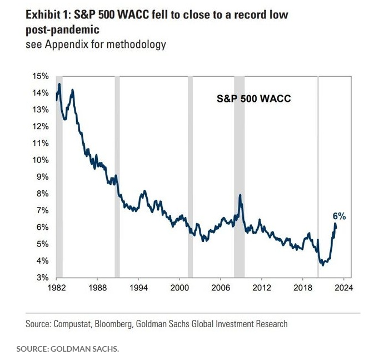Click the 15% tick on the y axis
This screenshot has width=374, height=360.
[x=38, y=76]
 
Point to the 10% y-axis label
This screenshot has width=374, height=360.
[x=38, y=160]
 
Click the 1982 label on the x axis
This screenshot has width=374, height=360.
[x=56, y=288]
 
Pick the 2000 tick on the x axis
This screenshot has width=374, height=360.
[x=179, y=288]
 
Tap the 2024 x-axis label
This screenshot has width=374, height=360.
[x=343, y=288]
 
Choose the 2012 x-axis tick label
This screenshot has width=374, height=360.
[x=261, y=288]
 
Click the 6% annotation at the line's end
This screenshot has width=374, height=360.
[x=340, y=216]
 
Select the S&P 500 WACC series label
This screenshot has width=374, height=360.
[x=253, y=98]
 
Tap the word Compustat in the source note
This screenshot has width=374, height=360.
[x=75, y=323]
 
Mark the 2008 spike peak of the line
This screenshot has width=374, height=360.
[x=240, y=195]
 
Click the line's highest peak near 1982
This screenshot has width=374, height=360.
[x=59, y=84]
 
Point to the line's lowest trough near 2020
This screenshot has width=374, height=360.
[x=323, y=265]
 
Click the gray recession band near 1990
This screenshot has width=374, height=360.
[x=117, y=176]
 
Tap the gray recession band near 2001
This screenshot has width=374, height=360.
[x=190, y=176]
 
